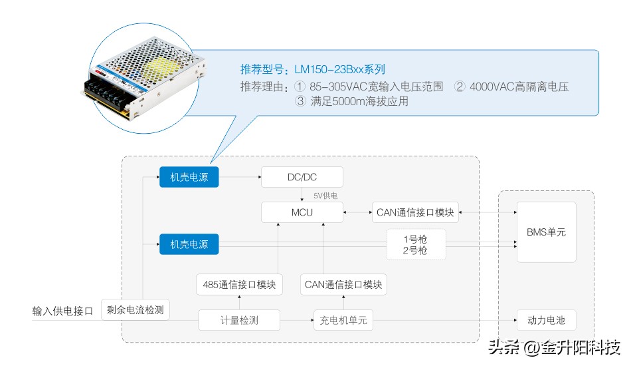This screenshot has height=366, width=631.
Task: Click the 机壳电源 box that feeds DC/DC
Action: pos(189,177)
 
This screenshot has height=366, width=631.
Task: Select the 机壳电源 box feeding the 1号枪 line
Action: pos(189,244)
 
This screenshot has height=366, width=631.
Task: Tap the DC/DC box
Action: pos(302,177)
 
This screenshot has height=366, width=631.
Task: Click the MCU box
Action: pos(302,212)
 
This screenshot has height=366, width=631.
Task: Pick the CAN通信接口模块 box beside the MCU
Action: pos(415,212)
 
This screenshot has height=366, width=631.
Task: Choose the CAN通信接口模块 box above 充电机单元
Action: pos(343,285)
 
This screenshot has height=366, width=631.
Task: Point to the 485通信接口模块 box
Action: pos(239,285)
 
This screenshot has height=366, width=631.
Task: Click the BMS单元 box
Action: pos(546,232)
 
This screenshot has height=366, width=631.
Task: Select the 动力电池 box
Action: pos(546,320)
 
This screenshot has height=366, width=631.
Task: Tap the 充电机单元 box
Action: pos(343,320)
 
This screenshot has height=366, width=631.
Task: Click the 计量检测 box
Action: pos(239,320)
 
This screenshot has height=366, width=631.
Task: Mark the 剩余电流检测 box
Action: pos(135,310)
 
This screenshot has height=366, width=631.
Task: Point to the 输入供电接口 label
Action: pos(62,311)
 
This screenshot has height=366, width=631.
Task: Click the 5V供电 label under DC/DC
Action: pos(325,196)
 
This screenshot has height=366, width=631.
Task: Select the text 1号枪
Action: pos(416,239)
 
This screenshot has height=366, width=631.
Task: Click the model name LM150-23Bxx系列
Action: pos(339,69)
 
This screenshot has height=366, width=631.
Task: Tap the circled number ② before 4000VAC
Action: pos(460,87)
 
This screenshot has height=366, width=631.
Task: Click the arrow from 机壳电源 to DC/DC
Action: pos(239,177)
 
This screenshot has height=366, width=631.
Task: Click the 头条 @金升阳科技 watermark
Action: pos(554,347)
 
